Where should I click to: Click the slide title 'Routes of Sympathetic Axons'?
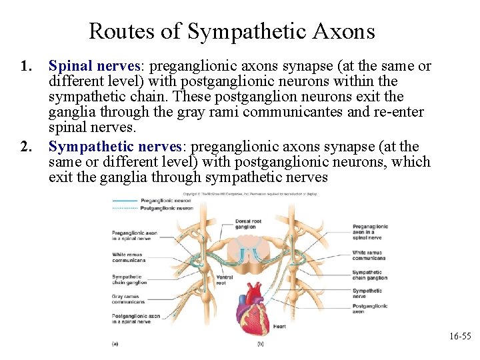(x=231, y=31)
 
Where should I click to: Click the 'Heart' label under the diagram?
(x=279, y=327)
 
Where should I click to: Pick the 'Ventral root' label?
(x=225, y=280)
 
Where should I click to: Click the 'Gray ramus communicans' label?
(x=128, y=299)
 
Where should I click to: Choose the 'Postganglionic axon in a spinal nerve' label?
(x=135, y=319)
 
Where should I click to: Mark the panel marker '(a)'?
(x=115, y=344)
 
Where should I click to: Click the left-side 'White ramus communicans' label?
(x=129, y=257)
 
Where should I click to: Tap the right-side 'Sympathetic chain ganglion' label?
(x=370, y=275)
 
